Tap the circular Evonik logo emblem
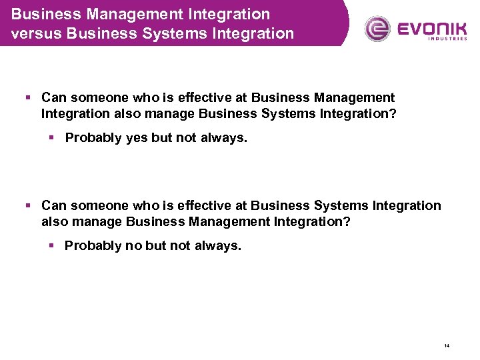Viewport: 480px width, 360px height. pyautogui.click(x=378, y=28)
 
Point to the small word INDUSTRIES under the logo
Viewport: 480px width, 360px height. pyautogui.click(x=448, y=39)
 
